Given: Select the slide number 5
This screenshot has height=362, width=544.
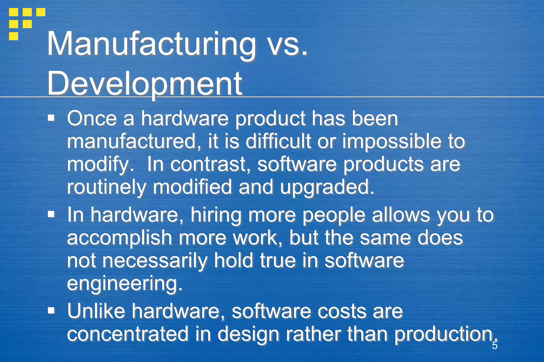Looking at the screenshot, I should pos(494,346).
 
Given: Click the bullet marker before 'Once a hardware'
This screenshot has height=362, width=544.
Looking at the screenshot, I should pos(51,118).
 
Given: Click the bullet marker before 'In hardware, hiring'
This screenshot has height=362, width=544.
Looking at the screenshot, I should pos(51,214).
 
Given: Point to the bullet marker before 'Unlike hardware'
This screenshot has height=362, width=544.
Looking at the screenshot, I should pos(51,310).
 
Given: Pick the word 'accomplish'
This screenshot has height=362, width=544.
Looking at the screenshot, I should pos(120,238).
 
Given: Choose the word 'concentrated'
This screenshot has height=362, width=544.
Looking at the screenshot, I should pos(128,334).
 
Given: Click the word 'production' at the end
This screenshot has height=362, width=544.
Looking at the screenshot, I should pos(444,334).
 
